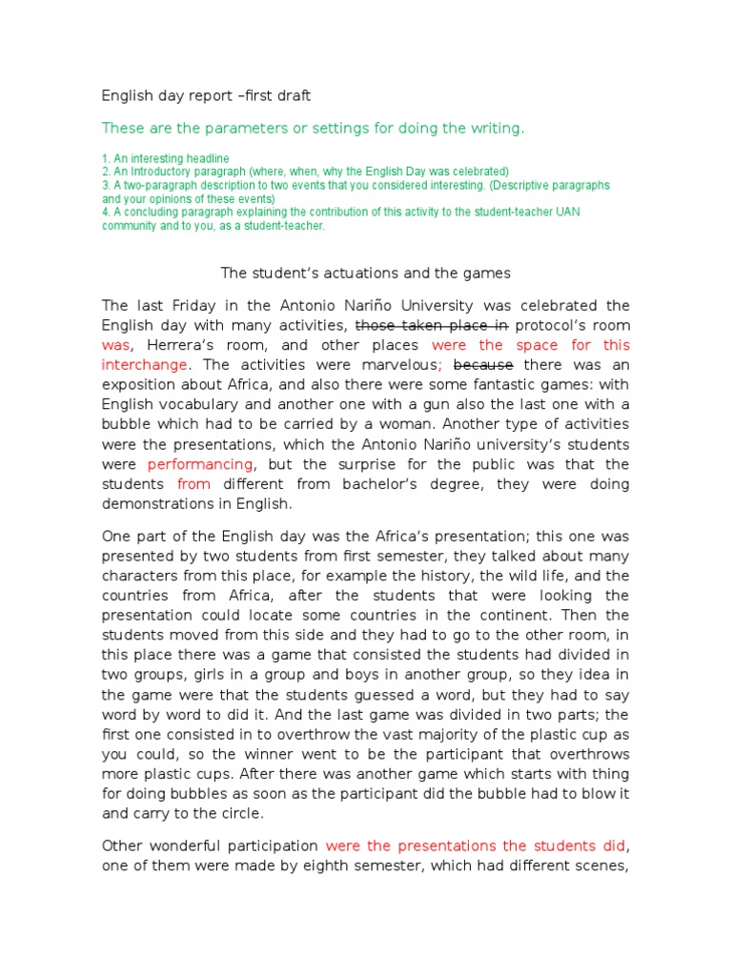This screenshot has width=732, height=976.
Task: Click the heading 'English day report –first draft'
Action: (x=206, y=96)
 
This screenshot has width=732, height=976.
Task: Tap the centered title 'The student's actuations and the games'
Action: (x=366, y=274)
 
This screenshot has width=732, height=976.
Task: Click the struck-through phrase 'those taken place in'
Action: (x=432, y=325)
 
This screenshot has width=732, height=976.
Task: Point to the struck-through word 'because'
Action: (x=483, y=365)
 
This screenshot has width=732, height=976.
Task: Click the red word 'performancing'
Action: (x=200, y=464)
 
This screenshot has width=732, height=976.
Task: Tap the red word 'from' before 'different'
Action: (x=193, y=484)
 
